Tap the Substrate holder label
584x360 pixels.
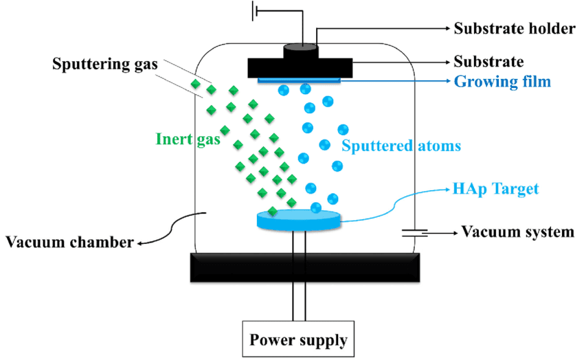[x=514, y=29]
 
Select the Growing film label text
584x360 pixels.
[x=502, y=82]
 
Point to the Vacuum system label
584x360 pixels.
[x=517, y=232]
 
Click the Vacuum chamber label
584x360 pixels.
[x=68, y=242]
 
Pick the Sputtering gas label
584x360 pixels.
[x=105, y=65]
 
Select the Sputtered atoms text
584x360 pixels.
[x=401, y=146]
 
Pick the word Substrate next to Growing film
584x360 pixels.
[x=488, y=62]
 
